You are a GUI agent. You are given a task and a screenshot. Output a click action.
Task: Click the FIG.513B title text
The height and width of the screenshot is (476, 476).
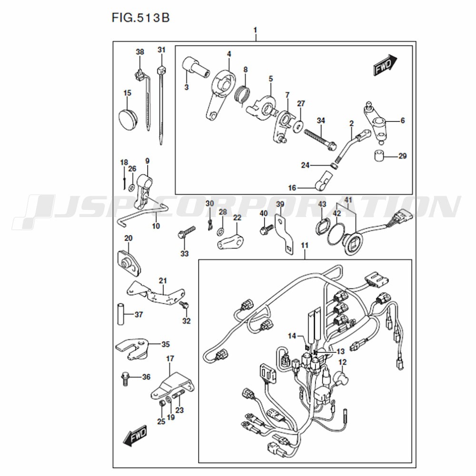point(140,18)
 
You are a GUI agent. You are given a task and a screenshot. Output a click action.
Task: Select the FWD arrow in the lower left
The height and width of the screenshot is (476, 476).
point(135,436)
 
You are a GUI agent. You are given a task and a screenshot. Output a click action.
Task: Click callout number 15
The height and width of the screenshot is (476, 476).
point(128,93)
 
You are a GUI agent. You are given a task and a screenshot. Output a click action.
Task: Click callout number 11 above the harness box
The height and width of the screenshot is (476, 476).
point(305,245)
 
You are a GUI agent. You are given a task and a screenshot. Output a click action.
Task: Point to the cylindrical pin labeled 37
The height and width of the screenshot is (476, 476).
point(121,314)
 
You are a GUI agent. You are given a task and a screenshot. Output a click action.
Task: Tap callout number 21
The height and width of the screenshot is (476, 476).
point(163,280)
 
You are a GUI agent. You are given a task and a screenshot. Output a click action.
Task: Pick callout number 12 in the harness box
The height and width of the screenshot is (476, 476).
point(342,362)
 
